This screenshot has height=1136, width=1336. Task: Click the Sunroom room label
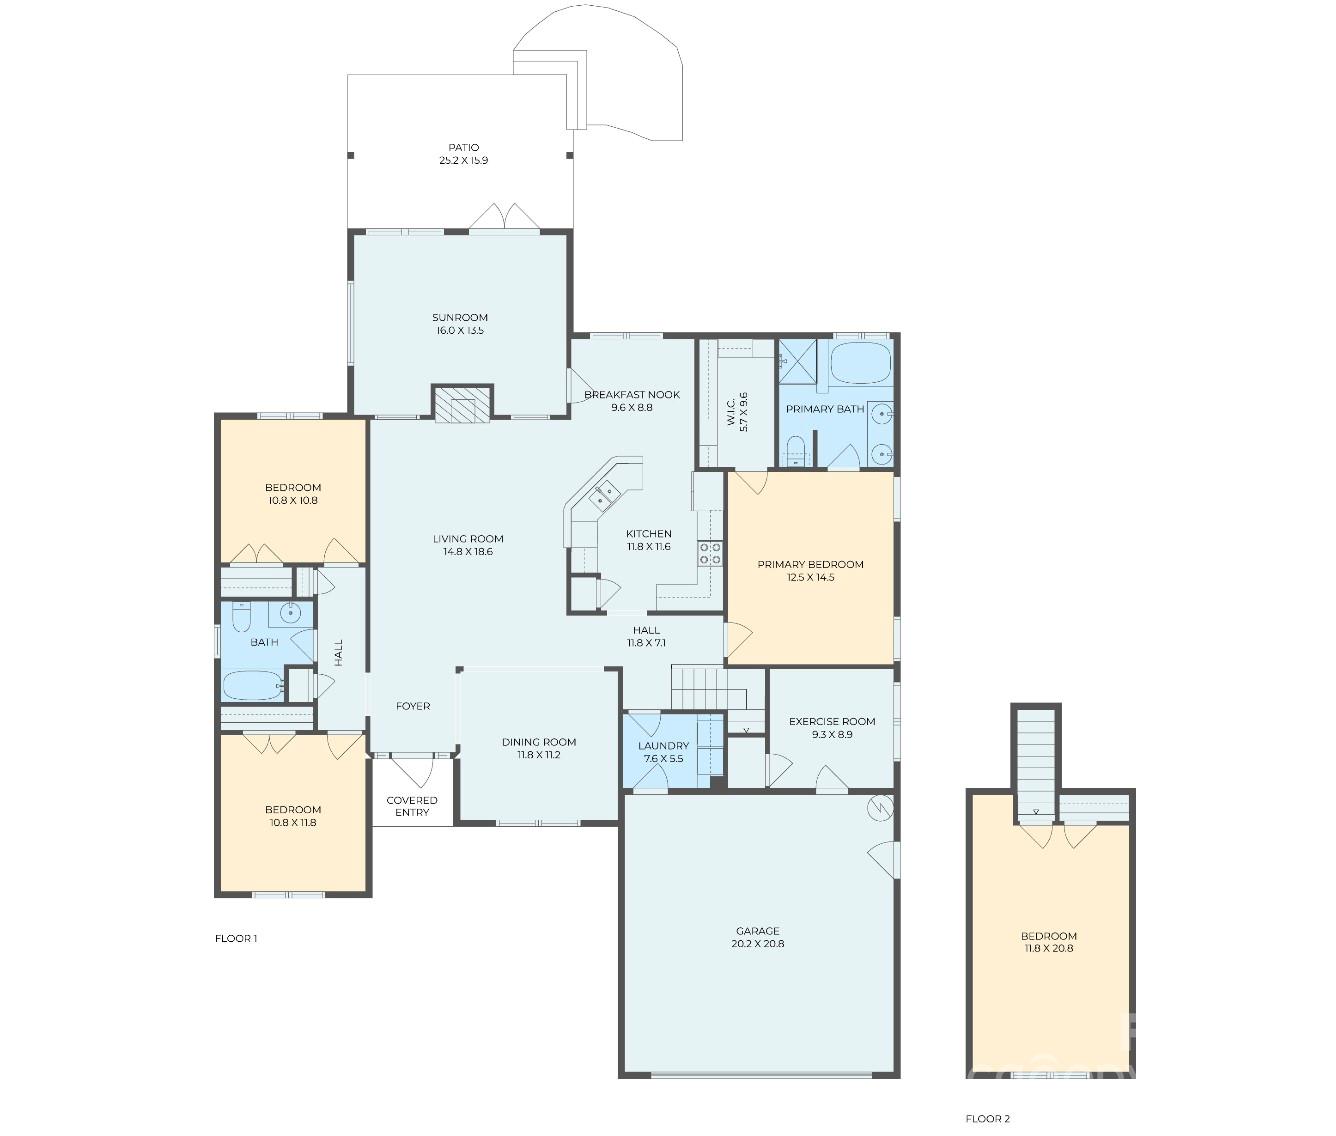click(460, 317)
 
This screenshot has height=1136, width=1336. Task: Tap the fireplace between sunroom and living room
click(462, 404)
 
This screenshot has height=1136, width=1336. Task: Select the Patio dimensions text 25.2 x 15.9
click(463, 161)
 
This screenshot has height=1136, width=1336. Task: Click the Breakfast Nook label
click(632, 394)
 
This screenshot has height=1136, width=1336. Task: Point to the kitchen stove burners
click(710, 554)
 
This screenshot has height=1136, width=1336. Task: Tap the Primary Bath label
click(825, 409)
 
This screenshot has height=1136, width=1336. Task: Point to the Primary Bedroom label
click(810, 564)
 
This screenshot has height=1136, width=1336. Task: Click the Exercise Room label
click(831, 721)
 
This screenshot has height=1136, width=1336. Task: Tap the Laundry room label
click(663, 746)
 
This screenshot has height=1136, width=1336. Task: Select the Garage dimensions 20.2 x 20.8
click(759, 943)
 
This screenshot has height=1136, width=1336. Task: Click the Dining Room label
click(539, 742)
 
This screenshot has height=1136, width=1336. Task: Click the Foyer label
click(413, 706)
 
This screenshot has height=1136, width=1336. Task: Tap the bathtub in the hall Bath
click(252, 685)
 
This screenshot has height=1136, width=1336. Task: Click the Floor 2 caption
click(988, 1119)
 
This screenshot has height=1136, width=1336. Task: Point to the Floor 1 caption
click(237, 938)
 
